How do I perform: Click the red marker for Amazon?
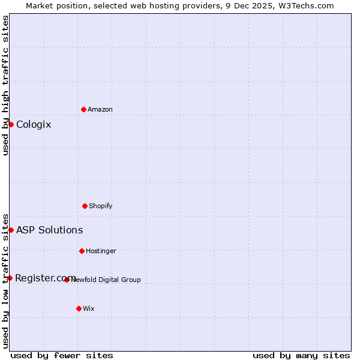[84, 109]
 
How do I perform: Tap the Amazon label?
[100, 109]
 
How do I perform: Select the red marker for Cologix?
[11, 124]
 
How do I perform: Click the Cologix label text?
[34, 125]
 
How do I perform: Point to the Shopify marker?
[85, 206]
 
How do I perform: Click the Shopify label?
[101, 206]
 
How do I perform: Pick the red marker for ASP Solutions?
[11, 230]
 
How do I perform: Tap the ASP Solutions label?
[49, 230]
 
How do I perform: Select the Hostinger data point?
[82, 251]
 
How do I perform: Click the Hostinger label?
[101, 251]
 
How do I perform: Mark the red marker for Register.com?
[10, 278]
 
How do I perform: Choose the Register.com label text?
[45, 278]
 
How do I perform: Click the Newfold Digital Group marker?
[67, 280]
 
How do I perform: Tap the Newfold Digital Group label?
[106, 280]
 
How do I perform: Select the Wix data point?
[79, 308]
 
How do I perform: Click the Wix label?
[89, 308]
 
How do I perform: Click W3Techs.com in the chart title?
[305, 5]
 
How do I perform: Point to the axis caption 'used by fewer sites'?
[62, 355]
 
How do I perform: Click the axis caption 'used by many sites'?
[301, 355]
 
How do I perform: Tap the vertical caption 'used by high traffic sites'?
[5, 85]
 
